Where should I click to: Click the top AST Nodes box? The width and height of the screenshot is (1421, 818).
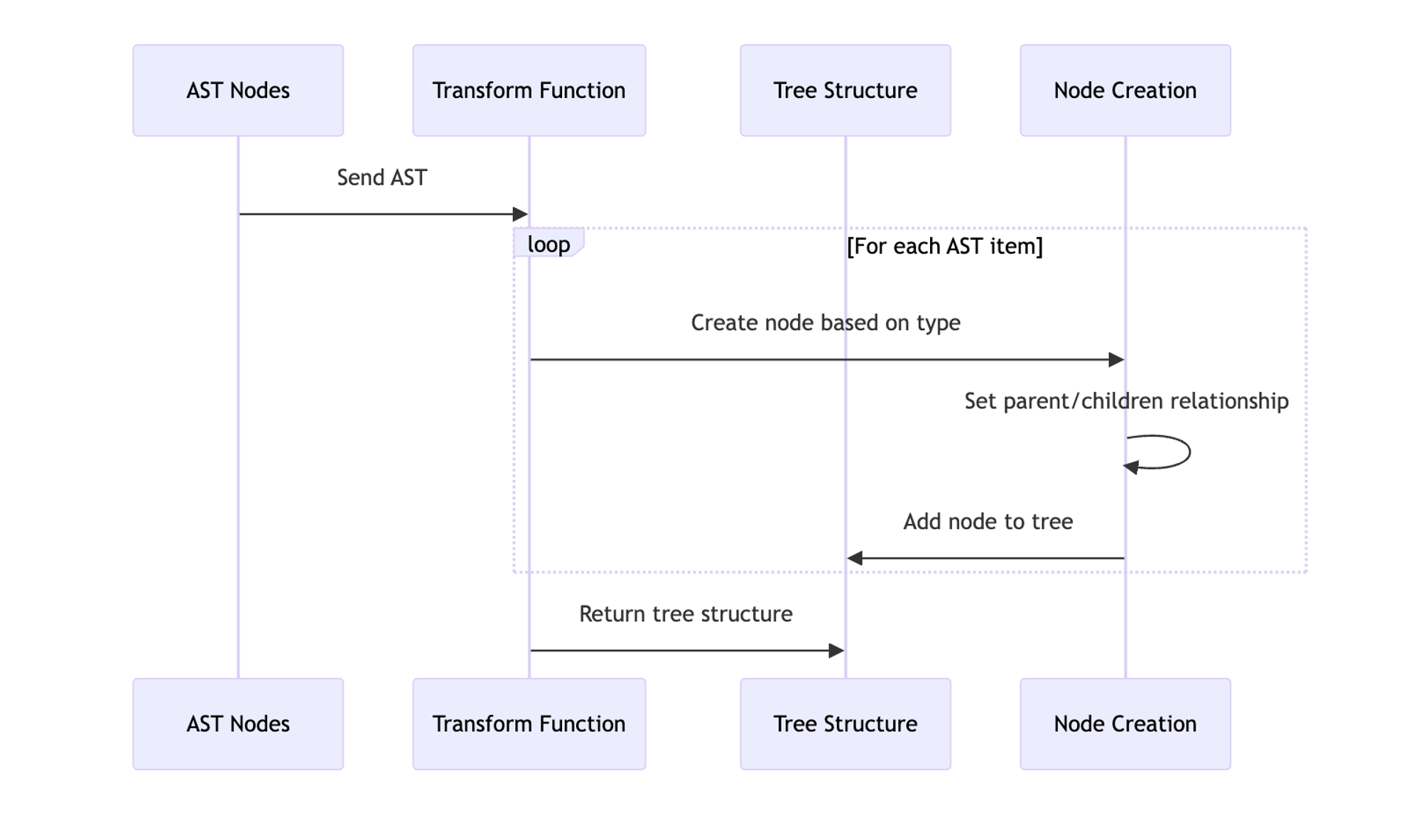coord(238,90)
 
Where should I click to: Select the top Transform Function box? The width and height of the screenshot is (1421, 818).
coord(529,90)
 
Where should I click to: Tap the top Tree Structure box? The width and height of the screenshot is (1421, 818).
coord(845,90)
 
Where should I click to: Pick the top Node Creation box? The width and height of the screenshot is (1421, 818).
coord(1125,90)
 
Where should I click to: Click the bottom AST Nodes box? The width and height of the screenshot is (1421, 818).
coord(238,724)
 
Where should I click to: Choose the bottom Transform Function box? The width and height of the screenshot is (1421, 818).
coord(529,724)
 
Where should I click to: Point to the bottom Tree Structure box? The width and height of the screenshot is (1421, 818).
coord(845,724)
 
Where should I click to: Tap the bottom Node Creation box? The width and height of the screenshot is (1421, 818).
coord(1125,724)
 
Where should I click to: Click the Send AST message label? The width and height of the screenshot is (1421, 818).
coord(382,178)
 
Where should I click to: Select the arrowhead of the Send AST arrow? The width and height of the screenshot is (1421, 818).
coord(521,214)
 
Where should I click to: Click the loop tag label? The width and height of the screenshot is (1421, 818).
coord(549,244)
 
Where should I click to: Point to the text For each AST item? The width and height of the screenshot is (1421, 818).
coord(945,246)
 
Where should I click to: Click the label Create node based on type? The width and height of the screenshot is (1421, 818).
coord(826,323)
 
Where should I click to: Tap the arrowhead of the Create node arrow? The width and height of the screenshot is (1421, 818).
coord(1117,360)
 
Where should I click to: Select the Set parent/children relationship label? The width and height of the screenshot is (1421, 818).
coord(1126,401)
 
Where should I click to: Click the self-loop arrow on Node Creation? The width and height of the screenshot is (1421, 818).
coord(1189,452)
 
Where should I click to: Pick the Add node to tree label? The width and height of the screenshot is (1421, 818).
coord(988,522)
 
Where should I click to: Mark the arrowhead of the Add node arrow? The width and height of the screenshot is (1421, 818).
coord(855,558)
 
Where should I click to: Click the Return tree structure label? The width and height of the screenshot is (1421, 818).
coord(686,614)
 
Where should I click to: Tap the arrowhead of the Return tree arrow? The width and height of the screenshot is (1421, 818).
coord(836,650)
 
